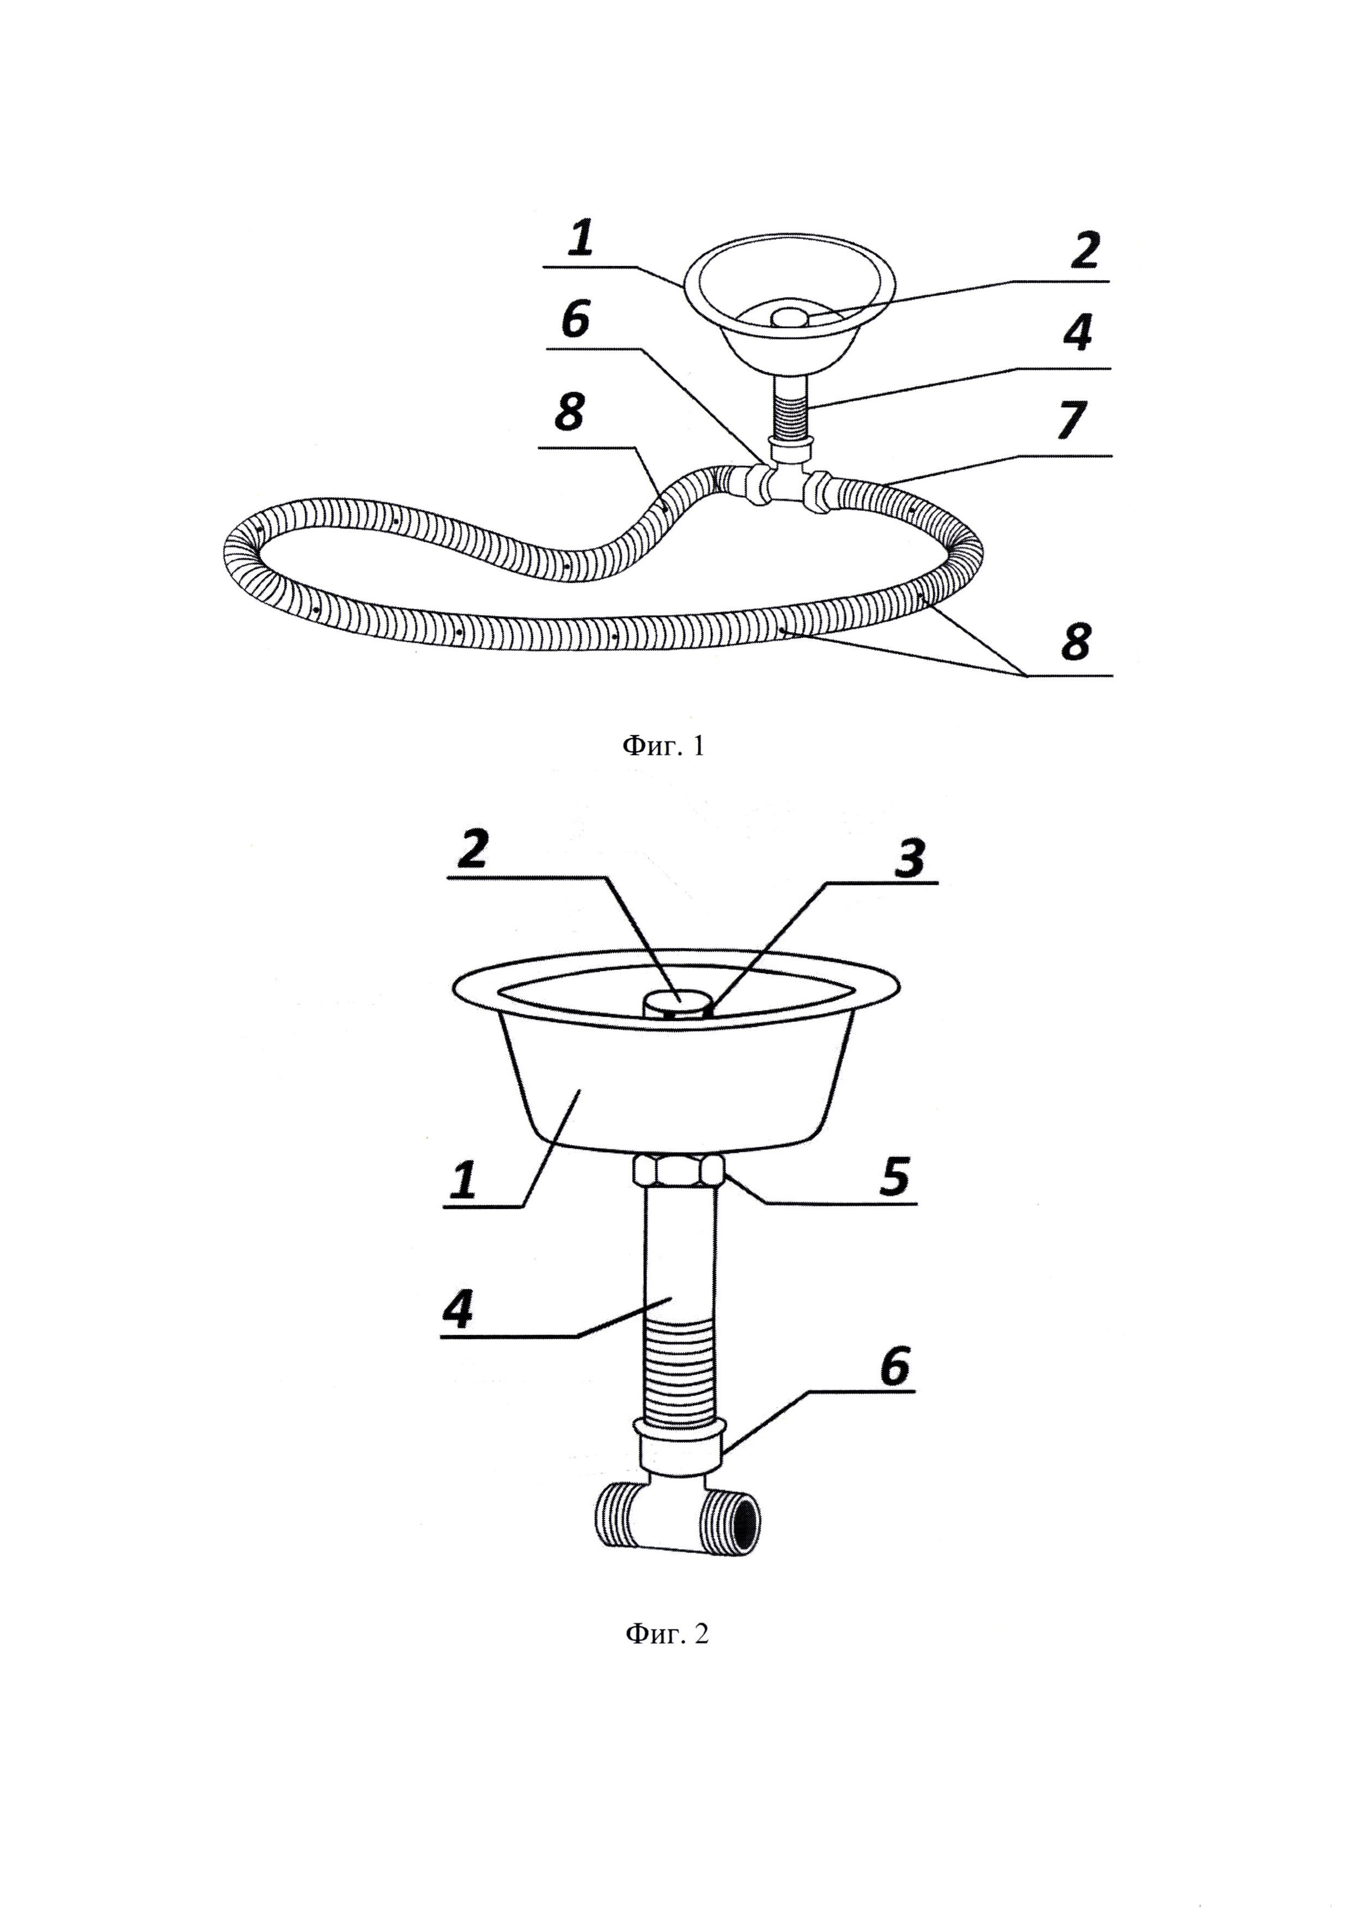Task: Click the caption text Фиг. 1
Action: coord(664,746)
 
